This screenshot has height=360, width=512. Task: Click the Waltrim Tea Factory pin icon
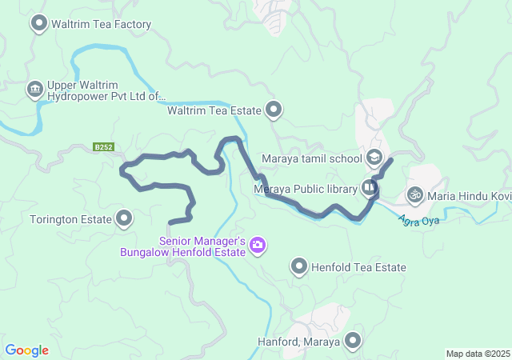tap(38, 23)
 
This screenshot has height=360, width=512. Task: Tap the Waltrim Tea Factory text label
tap(101, 25)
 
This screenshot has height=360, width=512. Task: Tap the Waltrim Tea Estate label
tap(214, 110)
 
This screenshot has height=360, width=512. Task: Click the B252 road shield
tap(102, 147)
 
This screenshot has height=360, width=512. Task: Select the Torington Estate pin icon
tap(124, 217)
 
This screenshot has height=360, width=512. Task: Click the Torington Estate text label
tap(69, 218)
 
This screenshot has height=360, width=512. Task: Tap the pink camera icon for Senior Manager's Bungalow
tap(257, 244)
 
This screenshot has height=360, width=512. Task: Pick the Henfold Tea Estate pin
tap(299, 266)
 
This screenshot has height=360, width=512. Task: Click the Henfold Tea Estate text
tap(358, 268)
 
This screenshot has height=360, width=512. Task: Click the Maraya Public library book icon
tap(369, 188)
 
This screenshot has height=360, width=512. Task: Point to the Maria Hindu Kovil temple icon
tap(414, 194)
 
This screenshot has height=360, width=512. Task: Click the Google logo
tap(27, 350)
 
